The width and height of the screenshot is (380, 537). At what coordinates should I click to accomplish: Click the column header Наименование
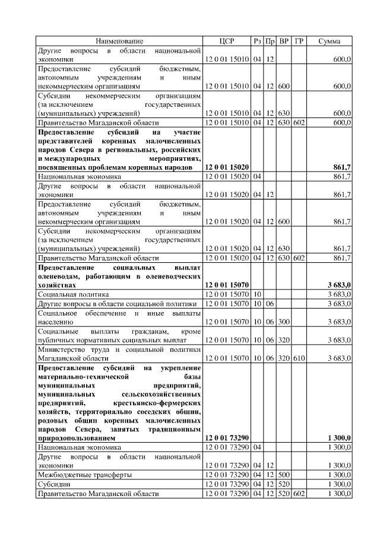pos(120,41)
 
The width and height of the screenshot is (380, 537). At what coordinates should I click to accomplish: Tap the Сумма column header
pos(329,41)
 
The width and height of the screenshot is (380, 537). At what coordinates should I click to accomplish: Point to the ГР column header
pos(299,41)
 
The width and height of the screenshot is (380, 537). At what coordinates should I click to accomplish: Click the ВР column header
pos(284,41)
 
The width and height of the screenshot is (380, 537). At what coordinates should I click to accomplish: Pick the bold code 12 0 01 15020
pos(227,168)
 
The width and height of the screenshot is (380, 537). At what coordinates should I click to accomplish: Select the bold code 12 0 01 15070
pos(227,285)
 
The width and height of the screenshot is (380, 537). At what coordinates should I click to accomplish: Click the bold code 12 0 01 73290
pos(227,437)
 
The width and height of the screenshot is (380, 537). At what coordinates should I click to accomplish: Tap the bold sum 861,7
pos(341,168)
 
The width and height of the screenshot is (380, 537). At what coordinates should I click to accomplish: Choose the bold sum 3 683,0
pos(338,285)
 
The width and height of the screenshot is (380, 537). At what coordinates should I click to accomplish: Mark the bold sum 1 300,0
pos(338,437)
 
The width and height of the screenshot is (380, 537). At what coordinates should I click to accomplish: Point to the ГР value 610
pos(299,358)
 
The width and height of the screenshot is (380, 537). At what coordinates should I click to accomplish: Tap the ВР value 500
pos(284,475)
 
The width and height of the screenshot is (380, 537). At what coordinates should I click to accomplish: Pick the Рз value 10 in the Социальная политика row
pos(258,294)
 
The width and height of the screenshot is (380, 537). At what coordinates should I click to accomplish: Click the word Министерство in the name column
pos(62,349)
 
